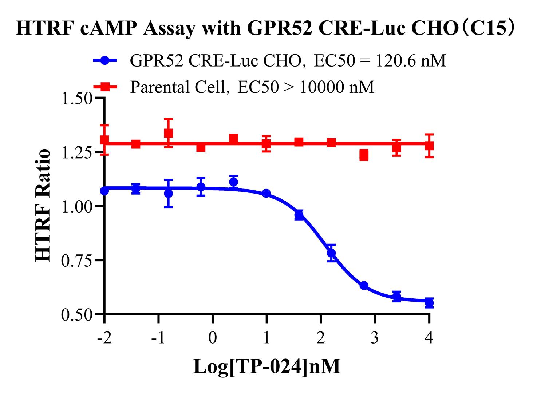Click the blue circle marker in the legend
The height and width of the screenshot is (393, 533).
105,60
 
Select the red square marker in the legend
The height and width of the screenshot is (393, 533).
105,87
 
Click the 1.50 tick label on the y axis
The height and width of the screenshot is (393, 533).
76,99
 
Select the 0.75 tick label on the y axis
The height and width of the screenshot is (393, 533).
76,261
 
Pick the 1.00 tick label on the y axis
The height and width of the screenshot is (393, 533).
76,207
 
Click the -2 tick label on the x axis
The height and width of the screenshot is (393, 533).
104,338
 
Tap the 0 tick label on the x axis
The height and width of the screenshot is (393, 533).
213,338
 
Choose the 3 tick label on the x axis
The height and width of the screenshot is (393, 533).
375,338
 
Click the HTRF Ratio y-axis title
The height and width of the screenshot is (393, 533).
43,206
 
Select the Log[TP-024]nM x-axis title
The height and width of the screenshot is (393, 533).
266,366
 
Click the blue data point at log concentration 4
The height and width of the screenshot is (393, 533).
429,302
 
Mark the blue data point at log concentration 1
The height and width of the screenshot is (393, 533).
266,193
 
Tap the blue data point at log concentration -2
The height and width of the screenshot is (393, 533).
104,191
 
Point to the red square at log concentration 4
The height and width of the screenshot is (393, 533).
429,146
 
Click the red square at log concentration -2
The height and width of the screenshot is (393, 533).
104,140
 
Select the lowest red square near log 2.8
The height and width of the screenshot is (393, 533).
364,155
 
